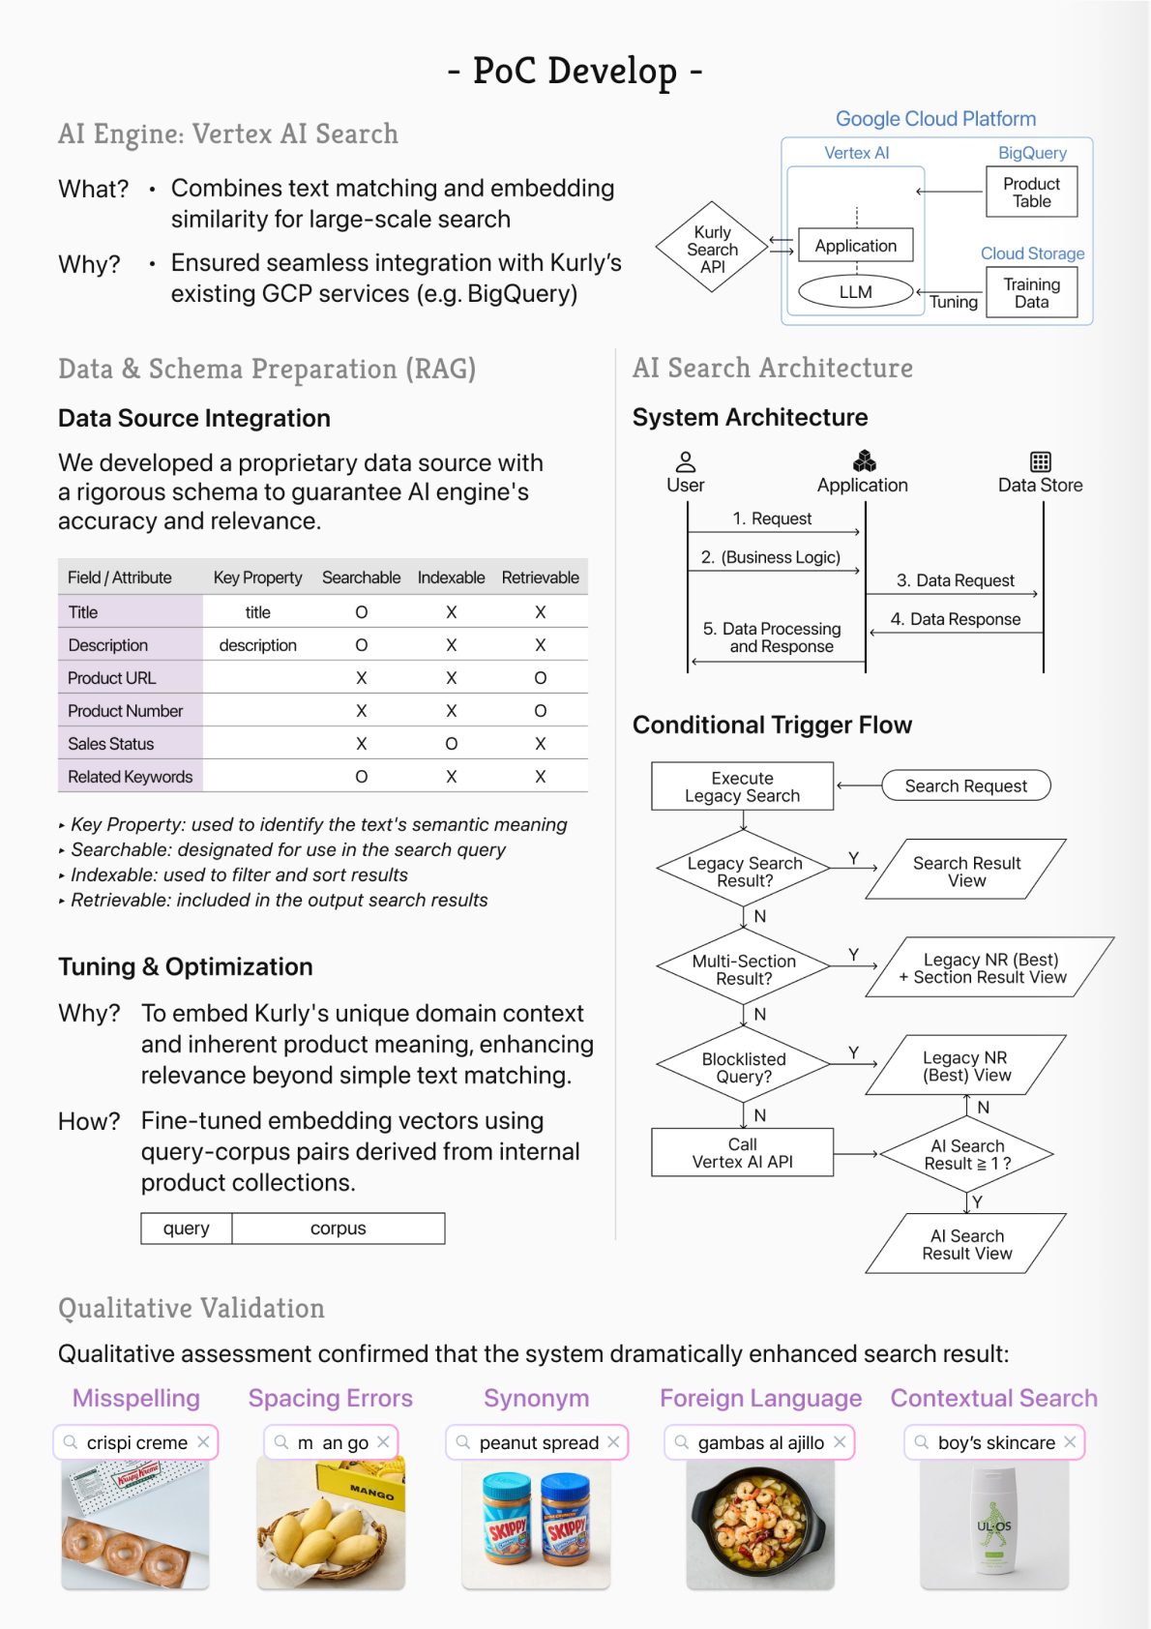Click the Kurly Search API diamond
pos(713,249)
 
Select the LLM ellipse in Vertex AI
pos(855,292)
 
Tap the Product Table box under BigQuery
pos(1031,193)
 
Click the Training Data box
pos(1031,293)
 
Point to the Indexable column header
pos(451,578)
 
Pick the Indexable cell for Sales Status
pos(451,744)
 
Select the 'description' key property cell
pos(257,645)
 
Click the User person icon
pos(686,461)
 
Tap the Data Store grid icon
pos(1040,461)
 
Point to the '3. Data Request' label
pos(955,580)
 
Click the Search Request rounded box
pos(965,785)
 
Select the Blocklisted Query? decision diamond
pos(743,1067)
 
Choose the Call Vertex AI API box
pos(742,1152)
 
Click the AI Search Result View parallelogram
pos(965,1244)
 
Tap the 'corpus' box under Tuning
pos(338,1229)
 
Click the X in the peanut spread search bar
pos(613,1442)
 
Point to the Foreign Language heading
pos(760,1399)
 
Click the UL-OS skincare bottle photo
pos(993,1524)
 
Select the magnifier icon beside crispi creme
pos(71,1442)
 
